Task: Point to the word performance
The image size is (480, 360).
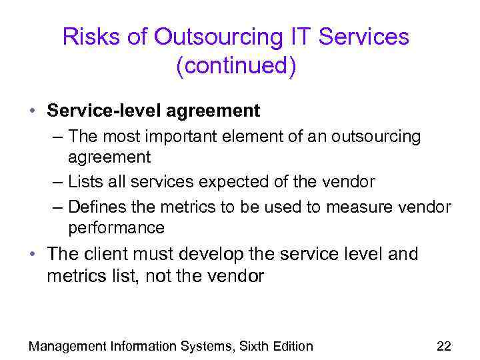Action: coord(116,227)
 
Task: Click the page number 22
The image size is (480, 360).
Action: coord(443,346)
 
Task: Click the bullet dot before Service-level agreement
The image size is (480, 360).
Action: coord(33,109)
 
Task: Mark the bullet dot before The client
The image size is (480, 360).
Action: coord(33,254)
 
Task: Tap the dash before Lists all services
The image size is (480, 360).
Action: coord(58,181)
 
